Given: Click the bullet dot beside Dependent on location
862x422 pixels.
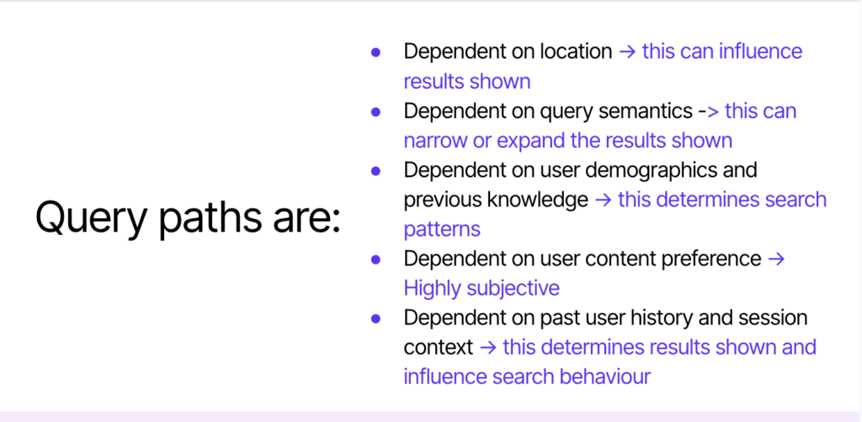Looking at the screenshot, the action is [376, 52].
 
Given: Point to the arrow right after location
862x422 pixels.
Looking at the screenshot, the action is [627, 52].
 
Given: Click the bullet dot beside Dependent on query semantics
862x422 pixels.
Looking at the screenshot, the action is [376, 112].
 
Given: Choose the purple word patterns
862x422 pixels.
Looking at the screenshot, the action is [442, 230].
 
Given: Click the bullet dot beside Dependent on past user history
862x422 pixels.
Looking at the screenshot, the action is [376, 319].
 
